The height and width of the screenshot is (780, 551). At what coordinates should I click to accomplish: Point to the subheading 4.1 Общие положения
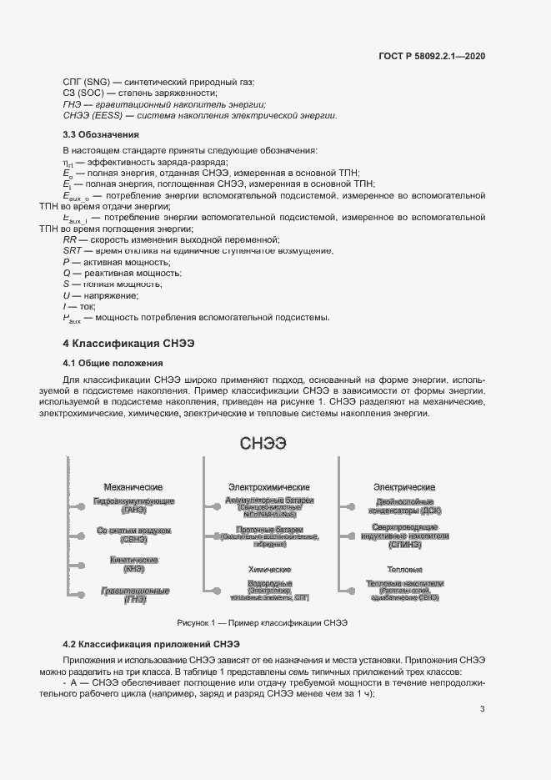pos(113,363)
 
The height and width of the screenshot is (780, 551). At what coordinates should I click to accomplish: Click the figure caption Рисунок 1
pos(262,622)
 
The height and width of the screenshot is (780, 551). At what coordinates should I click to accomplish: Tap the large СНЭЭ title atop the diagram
pos(263,444)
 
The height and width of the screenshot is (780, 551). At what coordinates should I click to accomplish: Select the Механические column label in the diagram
pos(133,486)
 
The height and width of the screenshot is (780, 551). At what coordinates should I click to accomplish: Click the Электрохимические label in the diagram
pos(268,486)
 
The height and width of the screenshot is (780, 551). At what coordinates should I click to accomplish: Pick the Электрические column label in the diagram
pos(404,486)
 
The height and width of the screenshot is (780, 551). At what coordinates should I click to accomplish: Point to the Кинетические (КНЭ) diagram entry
pos(133,564)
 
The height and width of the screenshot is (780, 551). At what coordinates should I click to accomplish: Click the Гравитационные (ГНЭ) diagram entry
pos(134,595)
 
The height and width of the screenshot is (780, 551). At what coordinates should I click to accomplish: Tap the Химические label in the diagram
pos(268,568)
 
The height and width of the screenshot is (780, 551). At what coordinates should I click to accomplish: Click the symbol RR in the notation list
pos(71,239)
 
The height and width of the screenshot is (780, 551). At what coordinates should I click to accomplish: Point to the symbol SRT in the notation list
pos(73,250)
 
